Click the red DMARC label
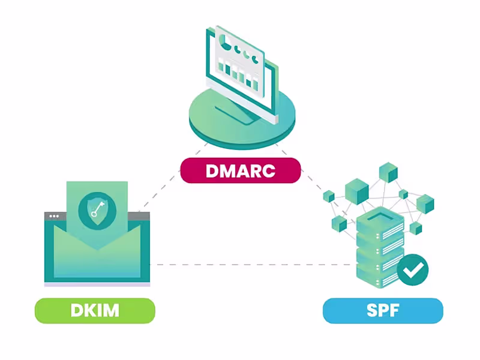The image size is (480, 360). click(240, 170)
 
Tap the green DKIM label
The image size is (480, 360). click(95, 310)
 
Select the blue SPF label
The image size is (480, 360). click(383, 310)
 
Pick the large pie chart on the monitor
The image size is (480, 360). click(226, 42)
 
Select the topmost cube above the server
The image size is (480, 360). click(388, 172)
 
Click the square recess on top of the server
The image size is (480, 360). click(376, 217)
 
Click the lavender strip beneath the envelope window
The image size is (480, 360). click(97, 284)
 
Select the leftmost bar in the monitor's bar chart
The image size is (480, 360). click(221, 69)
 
